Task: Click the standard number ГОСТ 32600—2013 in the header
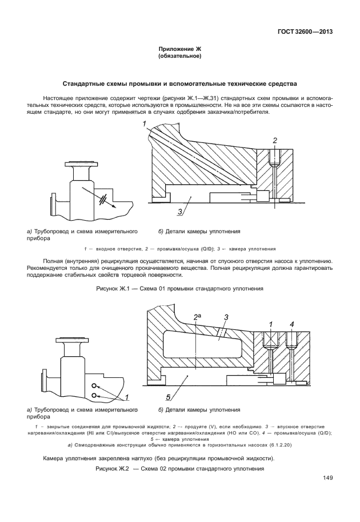[x=306, y=32]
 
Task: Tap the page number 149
[x=327, y=479]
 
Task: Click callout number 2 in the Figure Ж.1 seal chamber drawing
[x=275, y=140]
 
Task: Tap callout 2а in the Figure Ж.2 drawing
[x=198, y=317]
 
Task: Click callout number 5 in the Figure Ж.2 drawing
[x=169, y=396]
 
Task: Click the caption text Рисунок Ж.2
[x=113, y=469]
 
